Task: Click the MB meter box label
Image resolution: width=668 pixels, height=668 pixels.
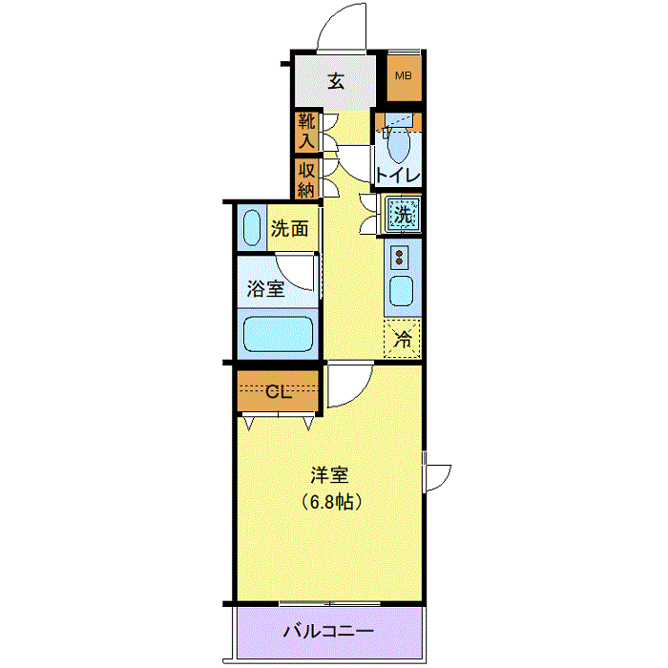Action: tap(403, 75)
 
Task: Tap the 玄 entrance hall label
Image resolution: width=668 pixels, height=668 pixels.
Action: tap(336, 80)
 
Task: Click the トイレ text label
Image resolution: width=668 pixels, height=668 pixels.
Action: tap(398, 175)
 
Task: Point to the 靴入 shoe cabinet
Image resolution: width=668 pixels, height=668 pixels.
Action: tap(306, 132)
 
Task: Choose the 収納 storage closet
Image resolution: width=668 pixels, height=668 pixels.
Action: tap(306, 179)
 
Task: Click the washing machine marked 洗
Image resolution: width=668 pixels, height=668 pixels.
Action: tap(403, 214)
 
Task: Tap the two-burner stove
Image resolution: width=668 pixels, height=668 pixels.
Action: tap(399, 257)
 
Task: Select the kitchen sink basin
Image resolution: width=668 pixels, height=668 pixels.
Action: tap(401, 291)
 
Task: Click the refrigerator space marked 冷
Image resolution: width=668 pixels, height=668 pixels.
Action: tap(402, 339)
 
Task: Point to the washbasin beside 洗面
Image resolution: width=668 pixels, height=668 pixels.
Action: tap(251, 227)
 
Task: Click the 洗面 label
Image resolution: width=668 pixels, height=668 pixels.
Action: tap(290, 229)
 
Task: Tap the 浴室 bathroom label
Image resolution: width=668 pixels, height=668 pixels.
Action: tap(266, 289)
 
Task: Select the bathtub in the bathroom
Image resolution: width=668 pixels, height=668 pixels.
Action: tap(278, 334)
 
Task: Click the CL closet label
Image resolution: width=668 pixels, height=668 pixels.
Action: tap(279, 392)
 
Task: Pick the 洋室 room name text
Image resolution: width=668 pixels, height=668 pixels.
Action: tap(329, 475)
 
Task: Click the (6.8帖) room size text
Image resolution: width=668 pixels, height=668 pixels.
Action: tap(332, 502)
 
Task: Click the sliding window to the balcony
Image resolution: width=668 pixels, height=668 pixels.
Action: tap(330, 604)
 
